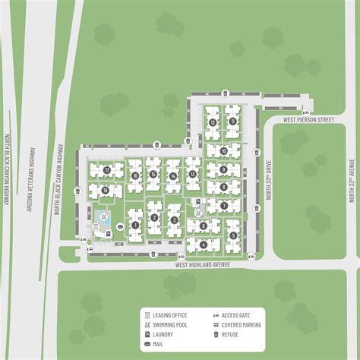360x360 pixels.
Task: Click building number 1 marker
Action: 134,225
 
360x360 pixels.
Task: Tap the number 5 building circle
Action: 233,235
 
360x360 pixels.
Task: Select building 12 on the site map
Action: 213,122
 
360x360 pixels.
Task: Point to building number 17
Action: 107,169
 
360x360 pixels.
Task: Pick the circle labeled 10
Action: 223,169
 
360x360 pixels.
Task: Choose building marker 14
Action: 174,176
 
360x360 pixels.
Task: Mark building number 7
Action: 225,204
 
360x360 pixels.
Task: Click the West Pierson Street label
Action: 308,119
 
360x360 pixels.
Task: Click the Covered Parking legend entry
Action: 241,324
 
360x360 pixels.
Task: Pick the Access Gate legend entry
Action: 235,314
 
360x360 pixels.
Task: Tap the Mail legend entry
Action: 158,343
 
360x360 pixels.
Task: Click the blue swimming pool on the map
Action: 105,221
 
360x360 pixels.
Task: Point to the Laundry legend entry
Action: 163,333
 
